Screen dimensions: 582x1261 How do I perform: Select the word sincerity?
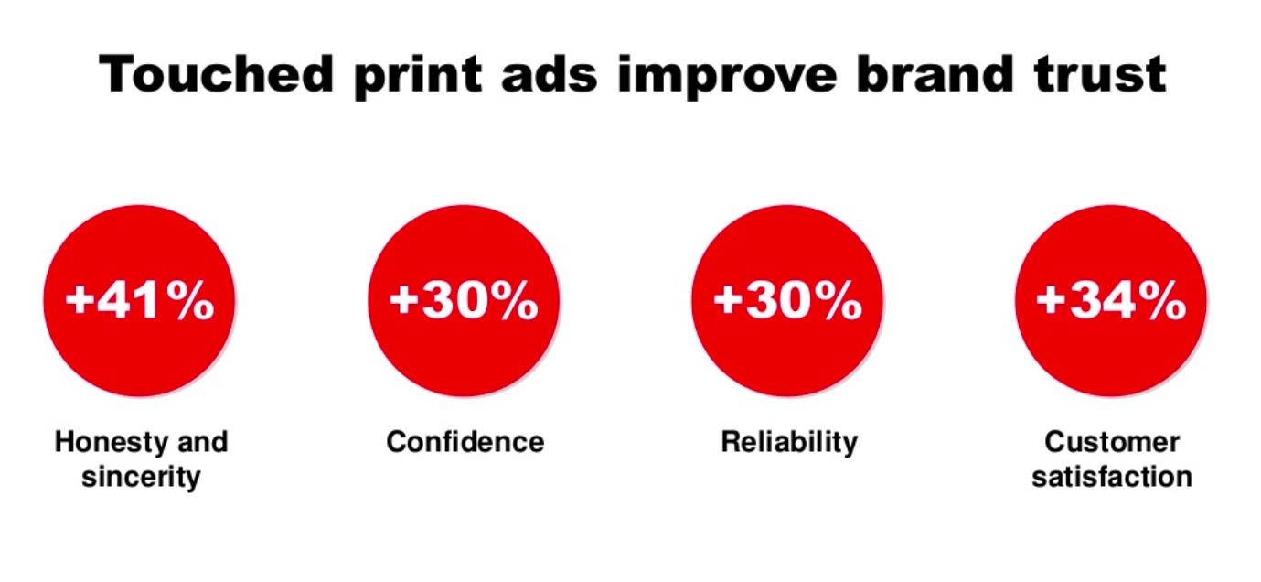click(141, 477)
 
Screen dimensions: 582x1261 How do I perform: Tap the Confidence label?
click(465, 443)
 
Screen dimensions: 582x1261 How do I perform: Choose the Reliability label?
click(789, 443)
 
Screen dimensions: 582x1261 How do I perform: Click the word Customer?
click(1112, 443)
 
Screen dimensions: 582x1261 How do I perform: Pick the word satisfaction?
click(1112, 477)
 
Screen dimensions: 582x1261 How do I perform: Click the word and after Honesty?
click(201, 443)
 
